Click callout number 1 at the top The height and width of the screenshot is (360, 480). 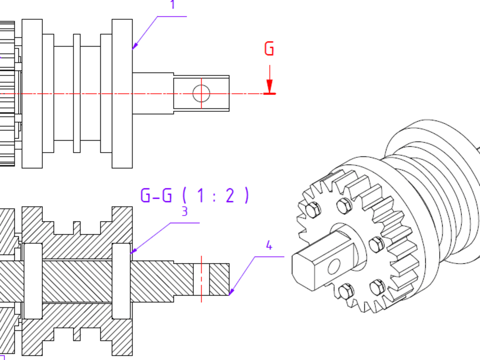click(x=173, y=4)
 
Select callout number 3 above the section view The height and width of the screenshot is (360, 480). click(x=184, y=211)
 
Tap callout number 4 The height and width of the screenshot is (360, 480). click(x=269, y=245)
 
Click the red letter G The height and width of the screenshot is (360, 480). click(x=269, y=48)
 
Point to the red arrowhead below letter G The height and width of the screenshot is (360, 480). click(x=269, y=86)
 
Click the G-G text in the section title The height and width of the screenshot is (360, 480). click(x=156, y=195)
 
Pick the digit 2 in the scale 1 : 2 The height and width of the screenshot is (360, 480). click(x=230, y=195)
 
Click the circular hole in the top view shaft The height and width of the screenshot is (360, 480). click(x=202, y=94)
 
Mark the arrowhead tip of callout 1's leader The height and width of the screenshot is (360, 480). click(x=132, y=49)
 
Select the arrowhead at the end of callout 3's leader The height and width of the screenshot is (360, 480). click(x=131, y=253)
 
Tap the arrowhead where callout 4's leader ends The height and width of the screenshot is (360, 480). click(x=229, y=295)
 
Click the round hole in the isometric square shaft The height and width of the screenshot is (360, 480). click(x=334, y=266)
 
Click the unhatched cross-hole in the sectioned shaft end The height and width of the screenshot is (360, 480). click(x=202, y=279)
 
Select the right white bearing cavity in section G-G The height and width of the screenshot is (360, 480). click(x=121, y=281)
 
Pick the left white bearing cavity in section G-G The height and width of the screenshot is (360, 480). click(x=33, y=281)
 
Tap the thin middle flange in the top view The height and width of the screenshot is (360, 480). click(x=77, y=93)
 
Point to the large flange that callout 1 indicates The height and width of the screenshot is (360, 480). click(x=122, y=94)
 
